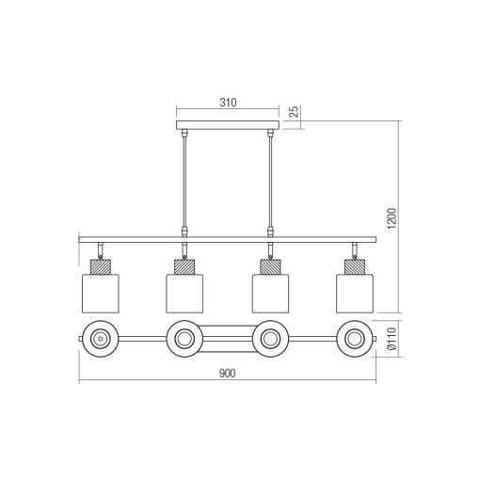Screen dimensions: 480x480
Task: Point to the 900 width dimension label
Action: (226, 374)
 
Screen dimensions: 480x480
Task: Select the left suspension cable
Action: (184, 179)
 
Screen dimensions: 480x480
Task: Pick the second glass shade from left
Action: (184, 291)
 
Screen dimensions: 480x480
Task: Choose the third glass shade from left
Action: (270, 291)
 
